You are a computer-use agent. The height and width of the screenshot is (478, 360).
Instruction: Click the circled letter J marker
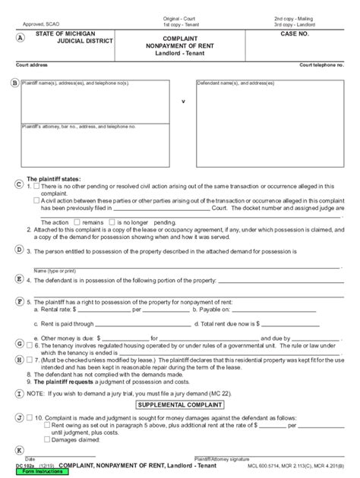point(17,417)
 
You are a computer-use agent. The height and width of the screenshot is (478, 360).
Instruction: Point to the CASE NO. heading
point(295,35)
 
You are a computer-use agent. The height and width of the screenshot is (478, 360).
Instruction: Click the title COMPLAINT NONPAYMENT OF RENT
point(182,43)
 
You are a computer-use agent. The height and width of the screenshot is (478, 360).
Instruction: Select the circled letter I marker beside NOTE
point(17,395)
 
